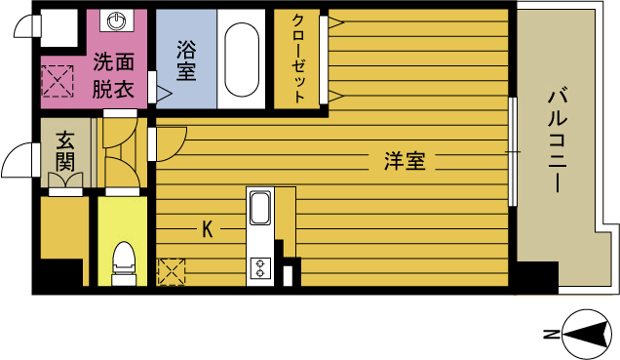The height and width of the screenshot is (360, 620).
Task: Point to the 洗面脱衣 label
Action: pyautogui.click(x=114, y=75)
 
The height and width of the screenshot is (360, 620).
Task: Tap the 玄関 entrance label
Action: pyautogui.click(x=65, y=150)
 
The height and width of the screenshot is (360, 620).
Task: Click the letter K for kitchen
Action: pyautogui.click(x=207, y=230)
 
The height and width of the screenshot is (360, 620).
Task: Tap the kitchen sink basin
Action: pyautogui.click(x=261, y=209)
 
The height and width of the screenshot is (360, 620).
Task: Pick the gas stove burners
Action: pyautogui.click(x=260, y=266)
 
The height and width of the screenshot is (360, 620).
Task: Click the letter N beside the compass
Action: pyautogui.click(x=550, y=335)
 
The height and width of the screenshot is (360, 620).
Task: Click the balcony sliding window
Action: pyautogui.click(x=513, y=151)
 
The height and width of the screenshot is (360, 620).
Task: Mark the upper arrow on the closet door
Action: pyautogui.click(x=334, y=21)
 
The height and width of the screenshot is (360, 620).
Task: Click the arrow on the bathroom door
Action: pyautogui.click(x=164, y=95)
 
